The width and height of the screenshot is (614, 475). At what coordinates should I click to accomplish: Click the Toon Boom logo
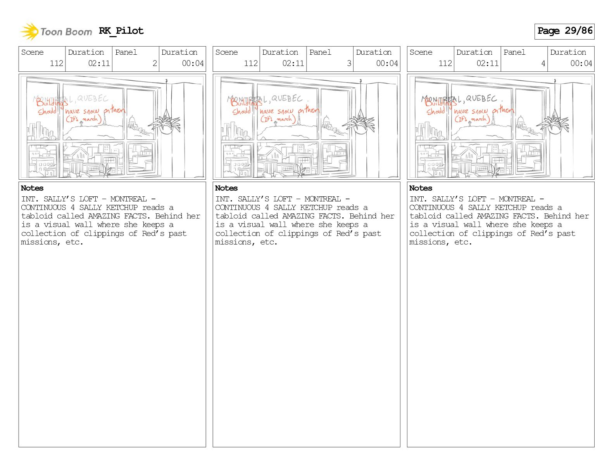[56, 32]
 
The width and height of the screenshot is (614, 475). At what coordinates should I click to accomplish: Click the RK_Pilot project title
[121, 31]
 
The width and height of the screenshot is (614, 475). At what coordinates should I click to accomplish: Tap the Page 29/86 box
[564, 31]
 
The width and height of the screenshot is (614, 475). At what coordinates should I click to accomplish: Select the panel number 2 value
[155, 63]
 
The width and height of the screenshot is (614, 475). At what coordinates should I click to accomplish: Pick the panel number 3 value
[349, 63]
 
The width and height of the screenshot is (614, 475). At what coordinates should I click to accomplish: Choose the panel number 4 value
[543, 63]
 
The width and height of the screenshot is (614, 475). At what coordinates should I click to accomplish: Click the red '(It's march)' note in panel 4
[472, 118]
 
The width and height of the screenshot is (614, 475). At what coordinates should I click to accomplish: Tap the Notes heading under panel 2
[32, 188]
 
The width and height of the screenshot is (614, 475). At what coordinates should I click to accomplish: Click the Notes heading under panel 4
[421, 188]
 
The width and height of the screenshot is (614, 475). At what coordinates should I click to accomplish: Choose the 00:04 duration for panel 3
[387, 63]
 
